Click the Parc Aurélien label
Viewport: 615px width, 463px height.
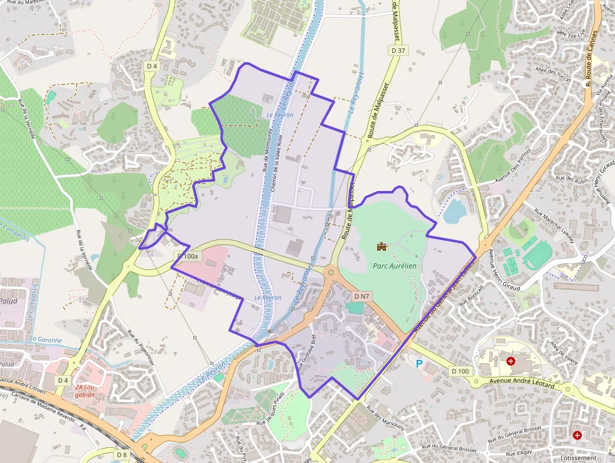(x=395, y=266)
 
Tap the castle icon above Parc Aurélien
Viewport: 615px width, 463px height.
(x=380, y=246)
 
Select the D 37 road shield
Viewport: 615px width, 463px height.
(x=398, y=51)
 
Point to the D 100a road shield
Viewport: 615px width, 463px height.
(x=187, y=256)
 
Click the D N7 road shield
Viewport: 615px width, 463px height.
(x=361, y=296)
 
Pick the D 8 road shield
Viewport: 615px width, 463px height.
(x=122, y=454)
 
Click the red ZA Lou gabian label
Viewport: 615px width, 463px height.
(x=85, y=391)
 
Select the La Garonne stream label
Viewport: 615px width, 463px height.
(x=46, y=340)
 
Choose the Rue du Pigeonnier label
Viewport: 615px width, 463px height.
(x=141, y=346)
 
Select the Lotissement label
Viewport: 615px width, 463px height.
(x=578, y=458)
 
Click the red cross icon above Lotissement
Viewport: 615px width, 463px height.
(x=577, y=435)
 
